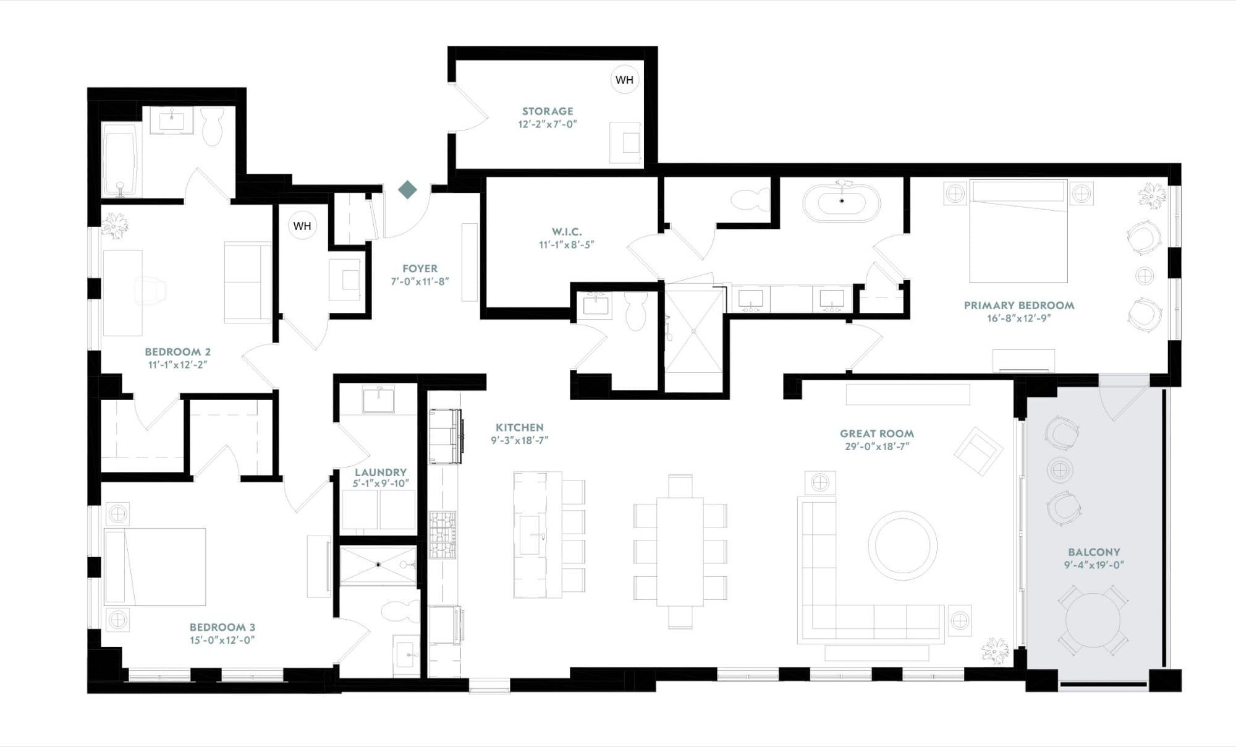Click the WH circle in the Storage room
(625, 80)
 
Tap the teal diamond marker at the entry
(407, 189)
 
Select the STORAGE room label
(548, 111)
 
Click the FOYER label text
(420, 268)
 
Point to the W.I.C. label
(567, 232)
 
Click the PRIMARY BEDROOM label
(1019, 305)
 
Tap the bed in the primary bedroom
(1018, 231)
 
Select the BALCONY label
(1094, 552)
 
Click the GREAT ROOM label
(877, 433)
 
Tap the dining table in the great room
(680, 551)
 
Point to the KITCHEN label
(520, 427)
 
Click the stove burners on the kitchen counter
(442, 535)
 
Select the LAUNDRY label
(381, 472)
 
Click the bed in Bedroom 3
(155, 566)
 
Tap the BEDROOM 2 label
(178, 352)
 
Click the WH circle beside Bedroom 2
(302, 226)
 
